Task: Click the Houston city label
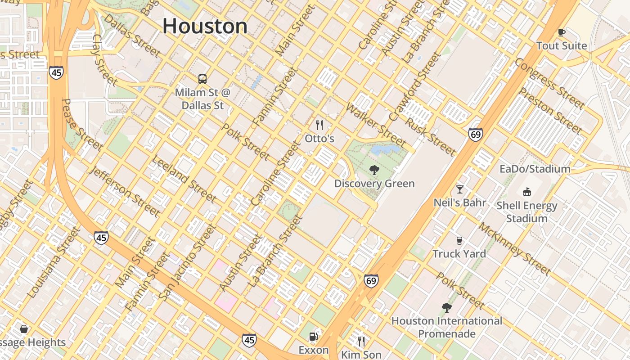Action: [205, 26]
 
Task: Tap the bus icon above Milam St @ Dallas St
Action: [202, 79]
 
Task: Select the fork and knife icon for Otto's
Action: [319, 125]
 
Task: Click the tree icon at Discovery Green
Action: [374, 170]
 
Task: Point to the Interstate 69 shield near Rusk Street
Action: [475, 134]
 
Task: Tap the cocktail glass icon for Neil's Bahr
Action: [459, 189]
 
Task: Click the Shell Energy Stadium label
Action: [526, 212]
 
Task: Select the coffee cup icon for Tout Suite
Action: [561, 32]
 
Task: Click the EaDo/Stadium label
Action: [535, 169]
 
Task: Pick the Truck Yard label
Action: [459, 253]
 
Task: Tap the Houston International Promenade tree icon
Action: [446, 307]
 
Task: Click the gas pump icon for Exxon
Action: [313, 337]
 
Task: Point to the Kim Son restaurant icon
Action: [361, 341]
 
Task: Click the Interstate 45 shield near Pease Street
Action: [57, 72]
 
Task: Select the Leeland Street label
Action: [184, 179]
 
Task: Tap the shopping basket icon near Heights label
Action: [24, 329]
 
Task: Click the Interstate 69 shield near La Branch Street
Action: [371, 281]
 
